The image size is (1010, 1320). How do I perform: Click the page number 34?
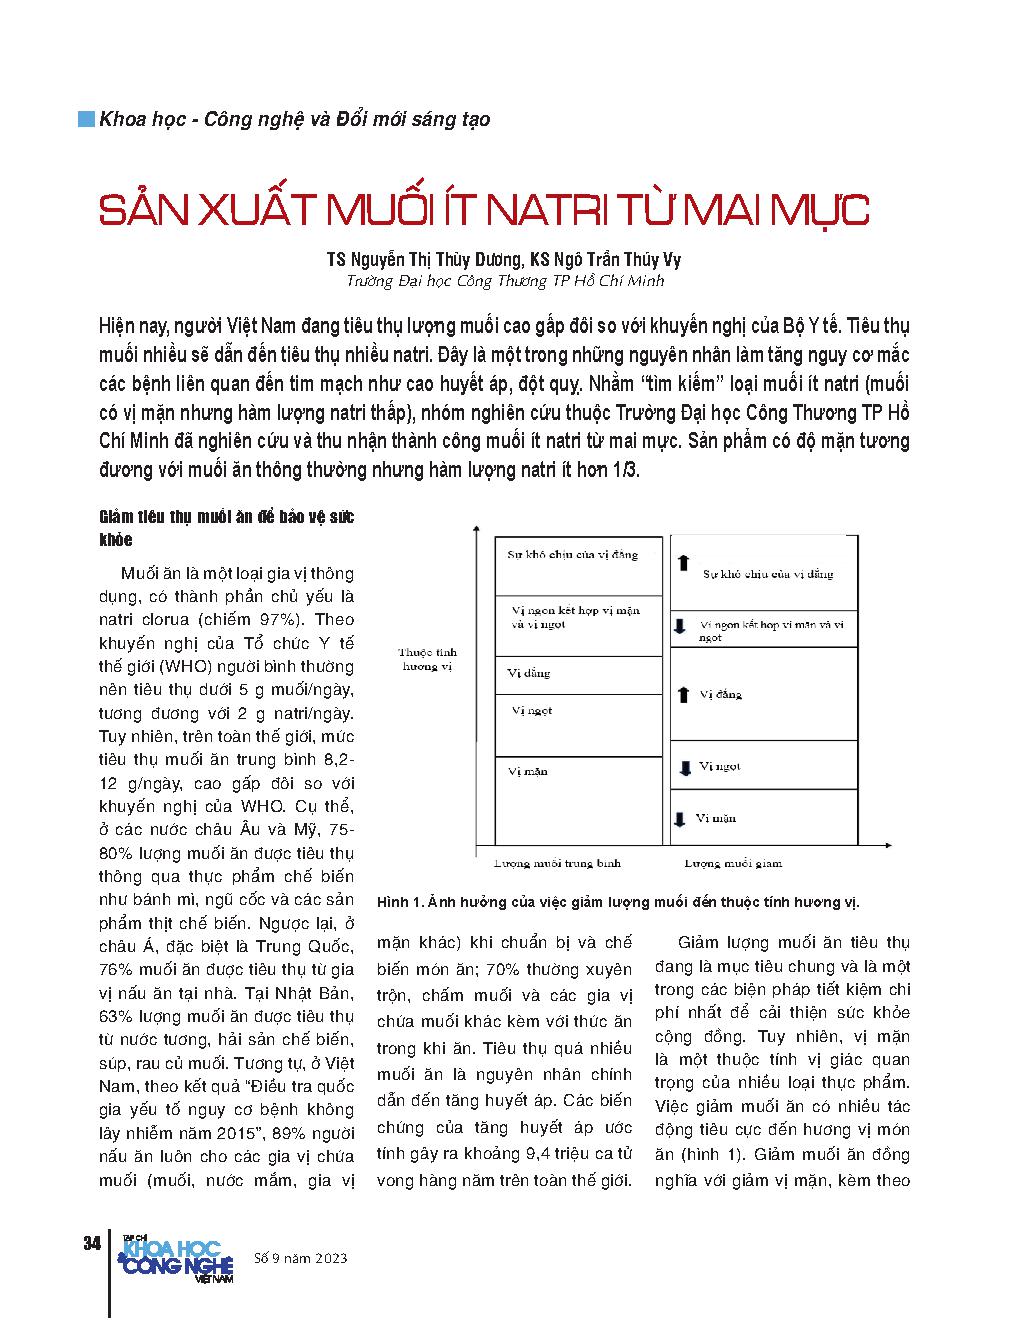click(91, 1243)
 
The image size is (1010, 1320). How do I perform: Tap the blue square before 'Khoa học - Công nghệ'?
click(88, 118)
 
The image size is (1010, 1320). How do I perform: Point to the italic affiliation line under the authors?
click(504, 281)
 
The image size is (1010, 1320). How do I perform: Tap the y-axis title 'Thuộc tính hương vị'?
click(427, 659)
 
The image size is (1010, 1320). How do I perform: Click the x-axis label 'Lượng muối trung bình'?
click(558, 862)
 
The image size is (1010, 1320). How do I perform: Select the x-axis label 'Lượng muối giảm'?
click(733, 862)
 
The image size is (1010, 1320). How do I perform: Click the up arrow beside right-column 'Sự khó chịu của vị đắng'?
click(684, 563)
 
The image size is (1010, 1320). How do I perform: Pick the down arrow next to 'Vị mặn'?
click(679, 819)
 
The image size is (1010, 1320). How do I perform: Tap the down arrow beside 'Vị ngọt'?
click(685, 768)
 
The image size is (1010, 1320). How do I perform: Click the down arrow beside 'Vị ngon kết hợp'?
click(679, 626)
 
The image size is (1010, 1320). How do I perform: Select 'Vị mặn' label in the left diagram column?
click(528, 771)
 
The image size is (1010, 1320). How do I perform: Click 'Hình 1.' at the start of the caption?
click(399, 901)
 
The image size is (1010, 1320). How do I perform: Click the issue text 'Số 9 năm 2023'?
click(301, 1257)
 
